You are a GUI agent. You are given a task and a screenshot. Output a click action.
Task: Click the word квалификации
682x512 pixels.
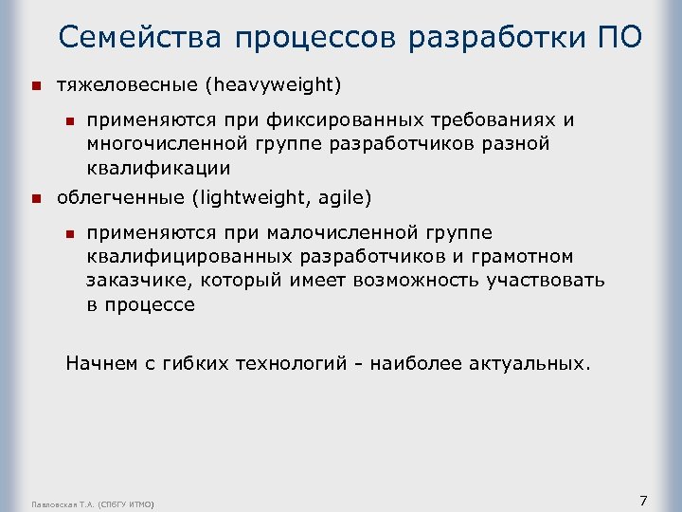157,169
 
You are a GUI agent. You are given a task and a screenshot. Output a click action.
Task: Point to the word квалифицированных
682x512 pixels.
190,258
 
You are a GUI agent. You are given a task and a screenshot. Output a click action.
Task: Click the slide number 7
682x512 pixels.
643,501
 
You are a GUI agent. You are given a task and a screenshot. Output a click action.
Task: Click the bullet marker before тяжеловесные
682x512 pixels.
36,86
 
